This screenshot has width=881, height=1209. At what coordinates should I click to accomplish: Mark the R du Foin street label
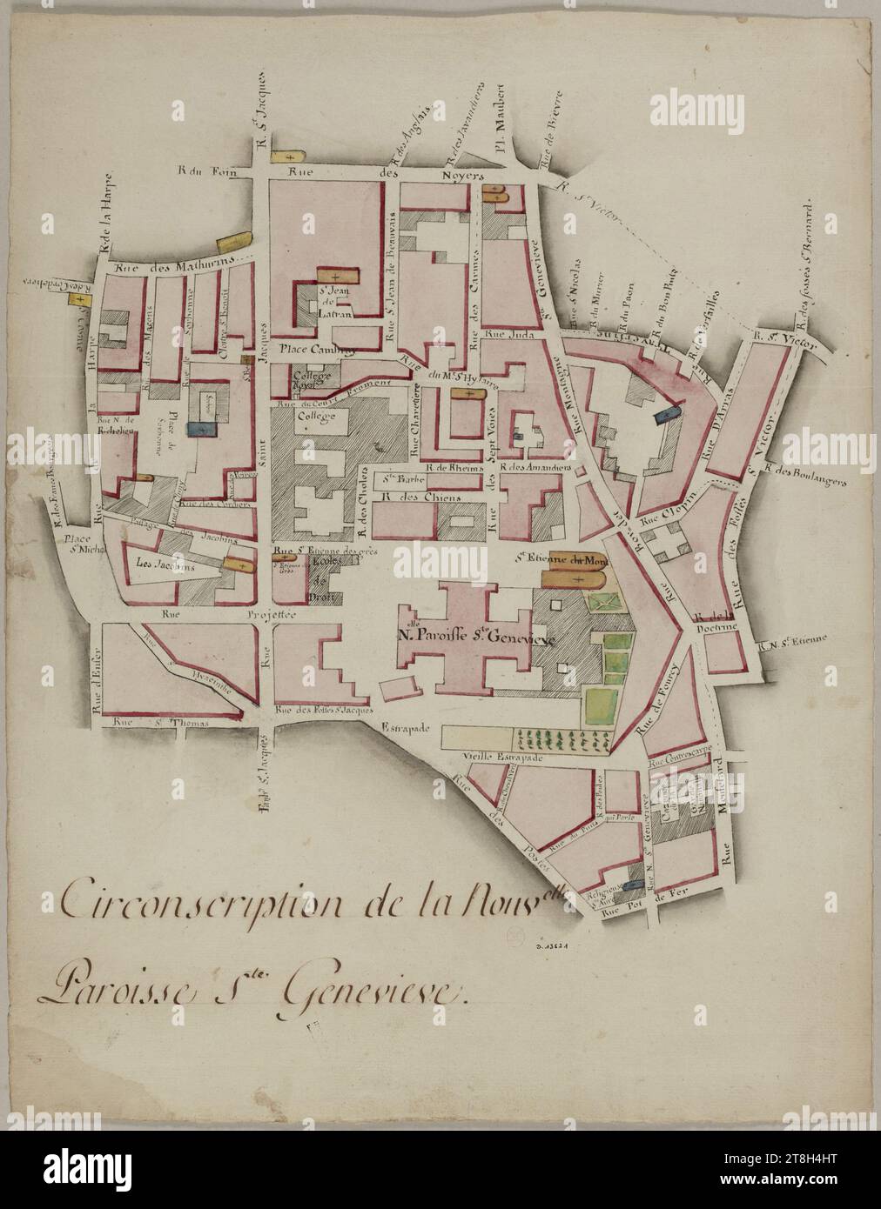pos(198,171)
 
